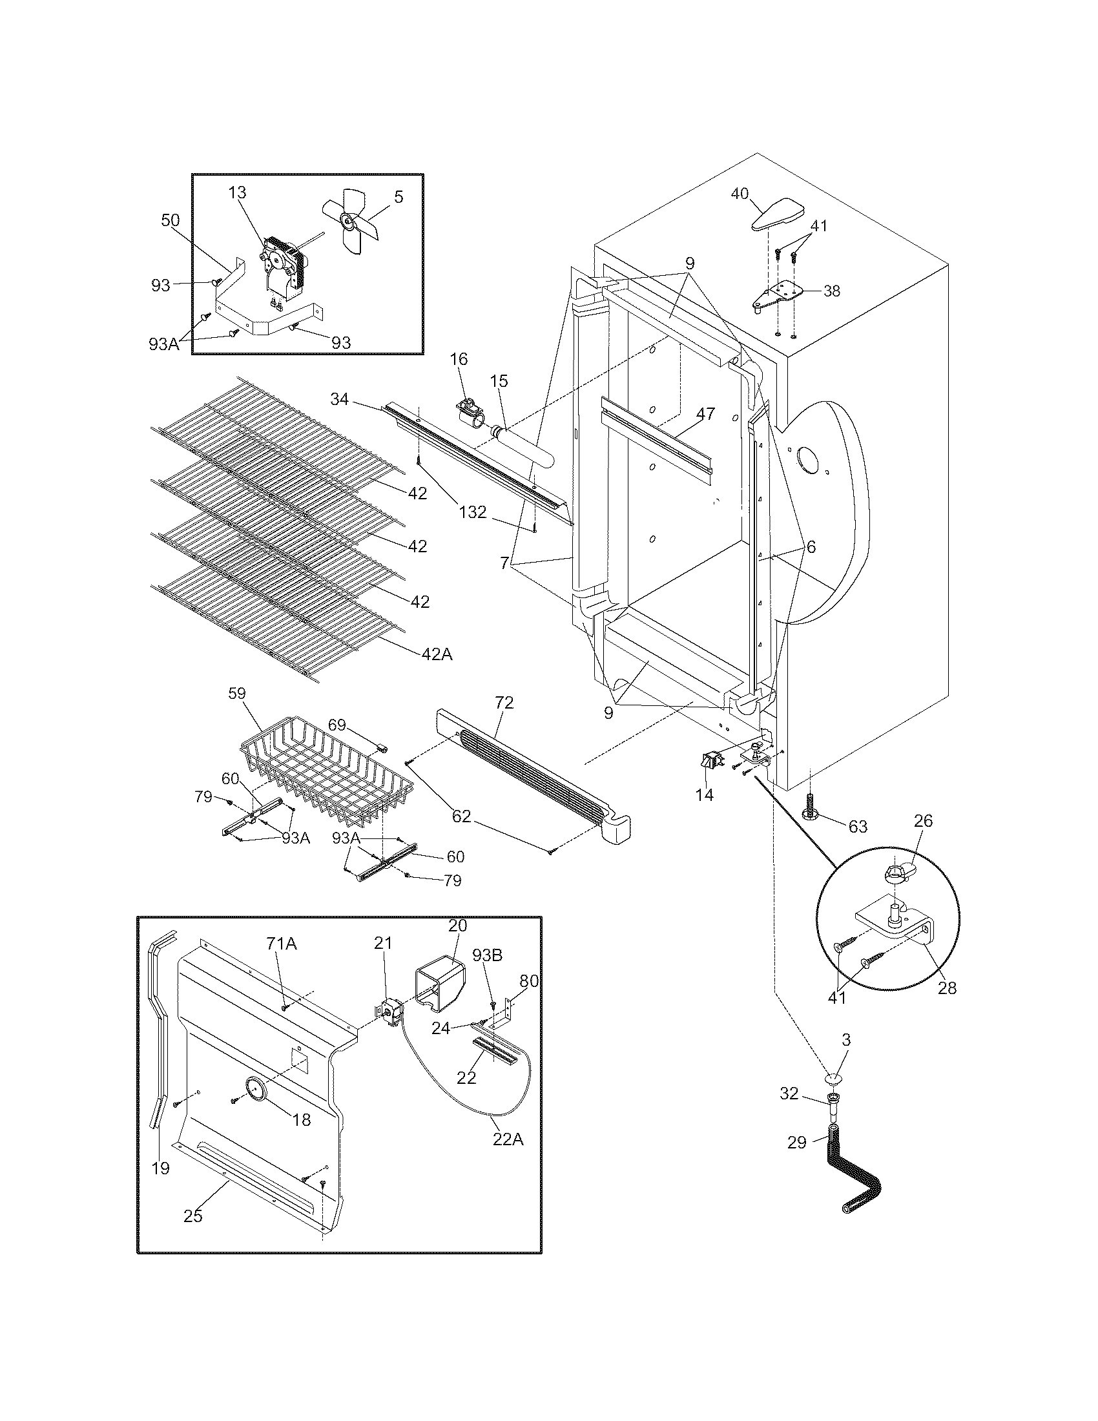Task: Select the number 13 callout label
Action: pos(238,192)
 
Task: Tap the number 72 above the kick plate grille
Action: pos(504,703)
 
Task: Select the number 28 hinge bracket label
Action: pos(947,988)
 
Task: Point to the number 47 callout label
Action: pos(705,414)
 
